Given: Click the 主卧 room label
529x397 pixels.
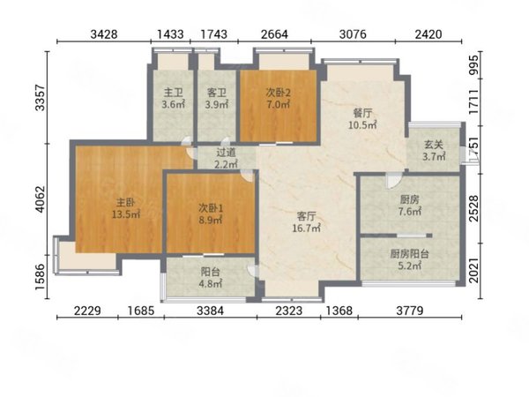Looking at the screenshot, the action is (x=125, y=203).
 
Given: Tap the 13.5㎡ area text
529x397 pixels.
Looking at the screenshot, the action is (x=126, y=214).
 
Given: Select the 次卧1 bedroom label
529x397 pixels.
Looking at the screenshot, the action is (x=211, y=208).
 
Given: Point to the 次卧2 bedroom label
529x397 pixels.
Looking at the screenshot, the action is (x=279, y=92).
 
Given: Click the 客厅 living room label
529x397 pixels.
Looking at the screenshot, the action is (x=306, y=216).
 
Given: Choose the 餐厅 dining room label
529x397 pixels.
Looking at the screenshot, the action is (x=362, y=113).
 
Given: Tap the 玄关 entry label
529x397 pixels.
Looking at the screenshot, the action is (x=434, y=145).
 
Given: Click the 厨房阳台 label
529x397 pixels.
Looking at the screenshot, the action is (x=410, y=254).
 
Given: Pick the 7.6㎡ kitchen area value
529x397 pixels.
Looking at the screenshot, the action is (x=410, y=212).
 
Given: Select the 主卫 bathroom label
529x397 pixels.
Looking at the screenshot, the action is (x=174, y=92).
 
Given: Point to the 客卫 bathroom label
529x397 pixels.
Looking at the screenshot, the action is (x=217, y=92).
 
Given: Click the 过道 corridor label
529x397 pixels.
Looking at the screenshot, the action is (x=226, y=153).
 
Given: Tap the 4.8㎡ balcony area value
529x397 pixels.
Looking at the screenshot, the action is (x=211, y=284).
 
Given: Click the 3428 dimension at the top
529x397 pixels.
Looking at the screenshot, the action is (x=104, y=34).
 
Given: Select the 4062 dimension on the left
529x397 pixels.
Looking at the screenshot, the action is (x=41, y=199).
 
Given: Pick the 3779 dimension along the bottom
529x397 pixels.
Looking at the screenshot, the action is (x=410, y=311).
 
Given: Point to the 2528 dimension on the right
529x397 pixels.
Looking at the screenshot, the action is (x=474, y=208).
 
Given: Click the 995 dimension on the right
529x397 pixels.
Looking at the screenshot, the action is (x=474, y=64).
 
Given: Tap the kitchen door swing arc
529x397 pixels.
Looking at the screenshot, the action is (x=393, y=182).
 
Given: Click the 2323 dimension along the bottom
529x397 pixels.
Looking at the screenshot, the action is (x=289, y=311).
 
